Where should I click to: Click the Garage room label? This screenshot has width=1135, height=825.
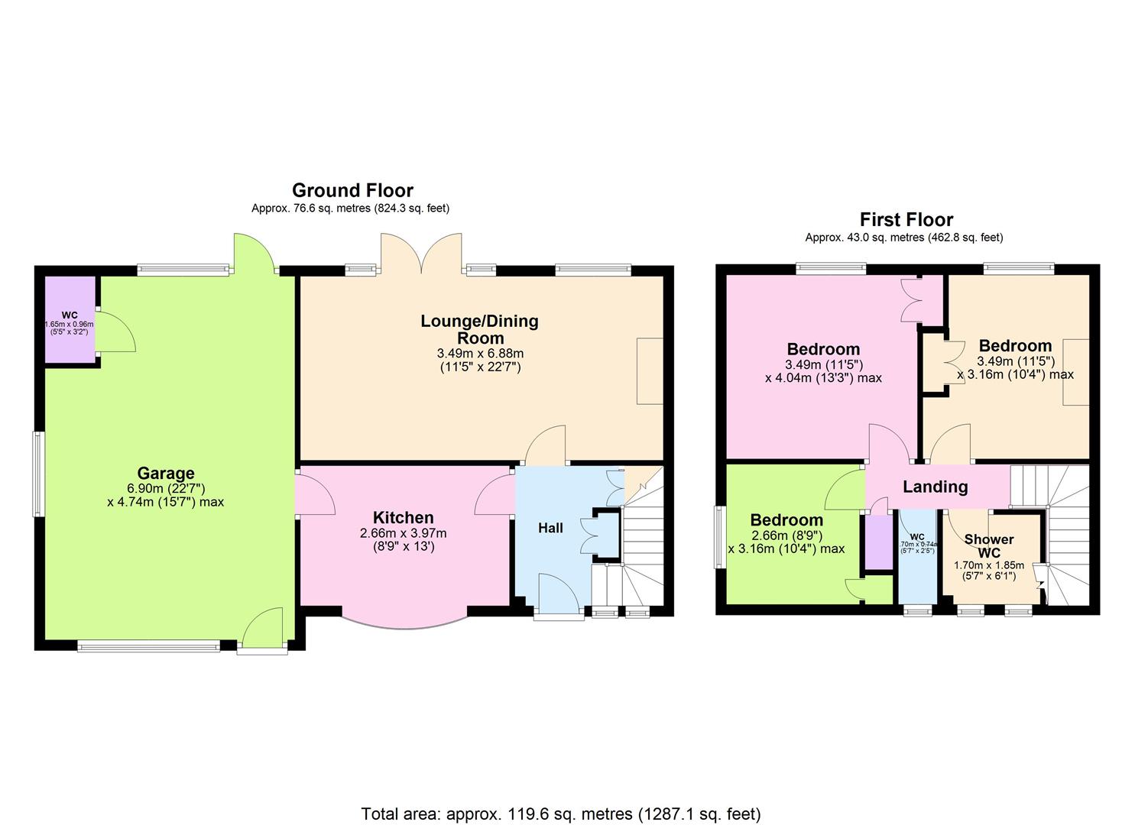click(166, 473)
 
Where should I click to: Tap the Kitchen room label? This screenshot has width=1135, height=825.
click(403, 517)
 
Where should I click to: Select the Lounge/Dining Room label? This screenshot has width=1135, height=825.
click(479, 329)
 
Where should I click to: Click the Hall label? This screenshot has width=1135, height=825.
click(550, 528)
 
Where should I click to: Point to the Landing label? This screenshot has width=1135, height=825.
click(935, 487)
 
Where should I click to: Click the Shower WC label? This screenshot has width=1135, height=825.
click(988, 545)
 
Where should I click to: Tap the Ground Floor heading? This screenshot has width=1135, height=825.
click(352, 190)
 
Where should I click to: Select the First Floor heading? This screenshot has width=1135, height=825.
click(906, 220)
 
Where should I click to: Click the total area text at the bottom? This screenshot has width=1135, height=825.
click(560, 814)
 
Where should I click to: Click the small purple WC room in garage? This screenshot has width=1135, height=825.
click(70, 321)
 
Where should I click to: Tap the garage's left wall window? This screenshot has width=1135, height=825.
click(36, 474)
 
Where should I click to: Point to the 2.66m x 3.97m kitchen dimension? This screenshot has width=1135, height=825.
click(403, 533)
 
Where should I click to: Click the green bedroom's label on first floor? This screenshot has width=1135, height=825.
click(786, 520)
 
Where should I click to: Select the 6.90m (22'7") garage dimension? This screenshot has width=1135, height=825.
click(166, 488)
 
